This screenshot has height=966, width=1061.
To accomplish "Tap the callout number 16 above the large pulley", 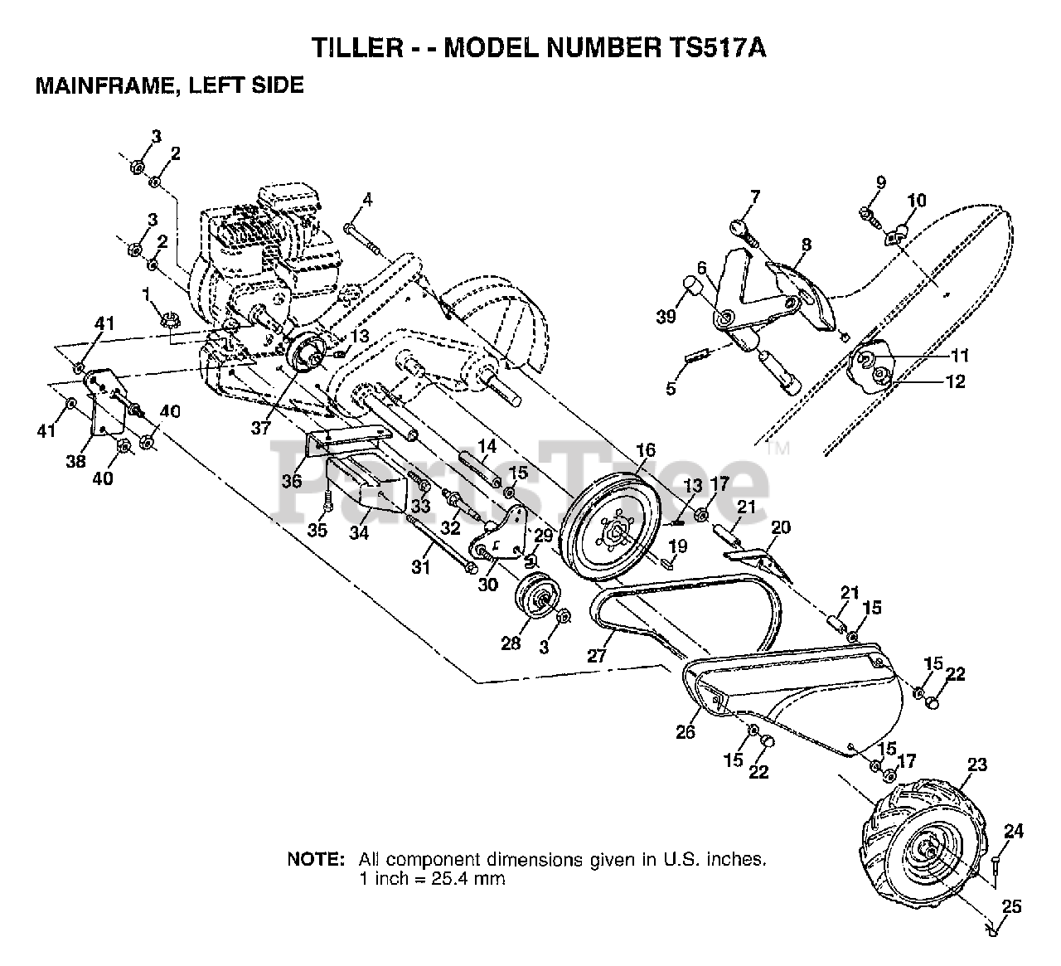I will [646, 450].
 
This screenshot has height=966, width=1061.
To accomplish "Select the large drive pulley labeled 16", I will [613, 532].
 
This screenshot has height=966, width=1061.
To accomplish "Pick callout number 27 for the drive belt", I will [598, 655].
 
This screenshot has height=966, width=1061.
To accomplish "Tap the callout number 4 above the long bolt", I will [367, 199].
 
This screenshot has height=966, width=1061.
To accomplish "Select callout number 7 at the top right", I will [755, 197].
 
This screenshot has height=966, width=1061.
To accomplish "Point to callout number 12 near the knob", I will [955, 381].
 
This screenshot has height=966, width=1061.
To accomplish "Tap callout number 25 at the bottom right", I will [1011, 907].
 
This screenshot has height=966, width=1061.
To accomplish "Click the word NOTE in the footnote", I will [315, 859].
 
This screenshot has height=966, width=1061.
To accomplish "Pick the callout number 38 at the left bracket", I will [75, 462].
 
